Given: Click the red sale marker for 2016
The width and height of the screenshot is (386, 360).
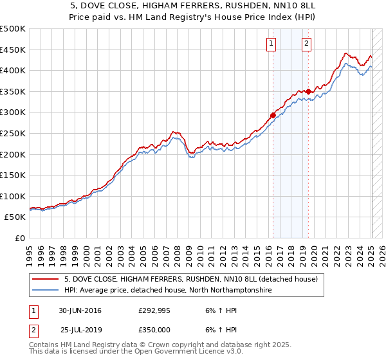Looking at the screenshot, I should click(x=273, y=115).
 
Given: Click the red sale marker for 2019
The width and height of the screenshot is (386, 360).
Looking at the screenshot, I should click(x=308, y=91).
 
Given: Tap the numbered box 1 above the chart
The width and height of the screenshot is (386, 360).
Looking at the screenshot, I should click(x=271, y=44).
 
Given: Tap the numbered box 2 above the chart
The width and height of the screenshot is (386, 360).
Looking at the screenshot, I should click(x=306, y=44).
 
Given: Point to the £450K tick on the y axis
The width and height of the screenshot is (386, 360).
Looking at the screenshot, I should click(x=14, y=50).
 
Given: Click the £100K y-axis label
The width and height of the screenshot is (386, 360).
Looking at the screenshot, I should click(x=14, y=196).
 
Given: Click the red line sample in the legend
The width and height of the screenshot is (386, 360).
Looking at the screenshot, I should click(x=46, y=279).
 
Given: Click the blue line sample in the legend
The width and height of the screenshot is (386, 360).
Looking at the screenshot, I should click(x=46, y=291).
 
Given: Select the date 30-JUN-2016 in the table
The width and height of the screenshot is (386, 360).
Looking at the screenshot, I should click(x=80, y=310).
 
